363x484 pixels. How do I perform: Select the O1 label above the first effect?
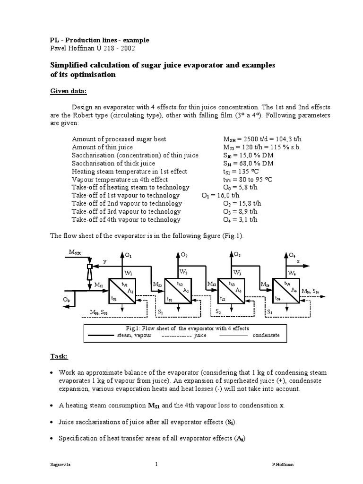pyautogui.click(x=128, y=256)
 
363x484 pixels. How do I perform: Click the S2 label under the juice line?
pyautogui.click(x=218, y=312)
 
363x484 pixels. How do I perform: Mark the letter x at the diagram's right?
pyautogui.click(x=298, y=261)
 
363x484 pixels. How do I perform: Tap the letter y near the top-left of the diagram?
pyautogui.click(x=105, y=261)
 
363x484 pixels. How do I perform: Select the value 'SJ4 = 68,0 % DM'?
pyautogui.click(x=249, y=164)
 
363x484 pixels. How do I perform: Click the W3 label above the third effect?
pyautogui.click(x=237, y=273)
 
